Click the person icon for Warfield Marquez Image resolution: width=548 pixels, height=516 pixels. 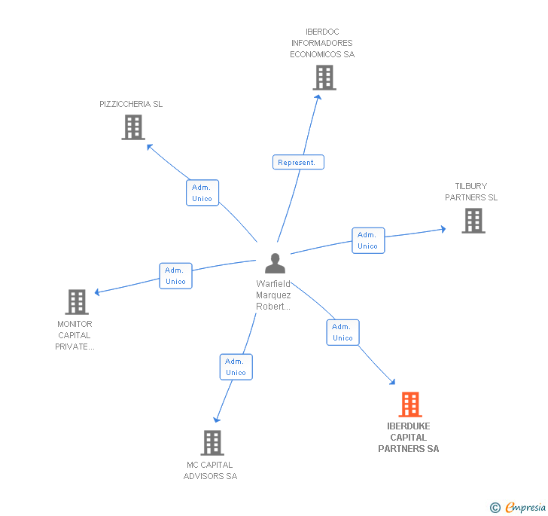pos(276,263)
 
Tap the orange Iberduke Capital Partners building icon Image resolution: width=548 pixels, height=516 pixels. pos(410,405)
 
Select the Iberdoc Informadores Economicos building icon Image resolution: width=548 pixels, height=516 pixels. pos(324,78)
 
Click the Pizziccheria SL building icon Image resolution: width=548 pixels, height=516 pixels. pos(133,127)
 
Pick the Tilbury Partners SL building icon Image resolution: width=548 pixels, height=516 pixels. pos(473,221)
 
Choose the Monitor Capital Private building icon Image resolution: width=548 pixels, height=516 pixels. pos(77,302)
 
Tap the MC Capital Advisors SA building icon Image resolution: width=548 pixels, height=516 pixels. pos(212,442)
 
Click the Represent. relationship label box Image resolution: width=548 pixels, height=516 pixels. pos(298,162)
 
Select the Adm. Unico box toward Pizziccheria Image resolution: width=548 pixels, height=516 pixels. pos(202,193)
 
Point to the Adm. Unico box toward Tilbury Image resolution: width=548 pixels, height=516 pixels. pos(368,240)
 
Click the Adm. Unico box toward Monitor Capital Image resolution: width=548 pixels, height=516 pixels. pos(175,276)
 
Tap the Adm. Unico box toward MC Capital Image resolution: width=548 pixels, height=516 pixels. pos(236,367)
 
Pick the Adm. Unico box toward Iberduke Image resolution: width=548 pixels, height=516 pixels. pos(342,332)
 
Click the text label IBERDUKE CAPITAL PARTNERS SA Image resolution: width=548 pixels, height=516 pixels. pos(409,438)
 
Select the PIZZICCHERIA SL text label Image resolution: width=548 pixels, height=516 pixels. pos(131,104)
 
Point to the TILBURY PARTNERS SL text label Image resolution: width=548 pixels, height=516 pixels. pos(471,192)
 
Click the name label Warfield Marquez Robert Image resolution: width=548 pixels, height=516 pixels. pos(273,295)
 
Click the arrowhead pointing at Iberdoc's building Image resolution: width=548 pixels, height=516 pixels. pos(318,96)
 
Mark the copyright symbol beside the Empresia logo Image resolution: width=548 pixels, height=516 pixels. pos(495,508)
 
